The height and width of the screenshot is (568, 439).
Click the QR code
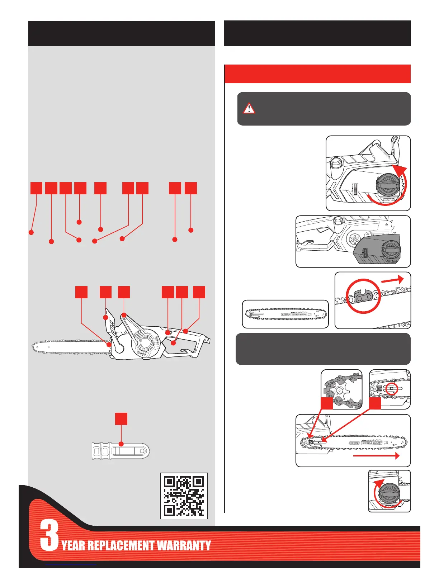[x=184, y=496]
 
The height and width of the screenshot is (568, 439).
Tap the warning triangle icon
[x=249, y=108]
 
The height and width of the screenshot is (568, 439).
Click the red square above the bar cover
[x=121, y=419]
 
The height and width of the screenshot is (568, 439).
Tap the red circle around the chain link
[x=363, y=296]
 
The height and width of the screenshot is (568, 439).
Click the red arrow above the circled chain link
[x=393, y=280]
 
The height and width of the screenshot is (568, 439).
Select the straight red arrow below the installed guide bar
[x=376, y=456]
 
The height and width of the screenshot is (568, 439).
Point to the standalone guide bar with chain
[x=285, y=314]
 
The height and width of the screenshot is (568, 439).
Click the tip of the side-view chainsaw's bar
[x=34, y=347]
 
